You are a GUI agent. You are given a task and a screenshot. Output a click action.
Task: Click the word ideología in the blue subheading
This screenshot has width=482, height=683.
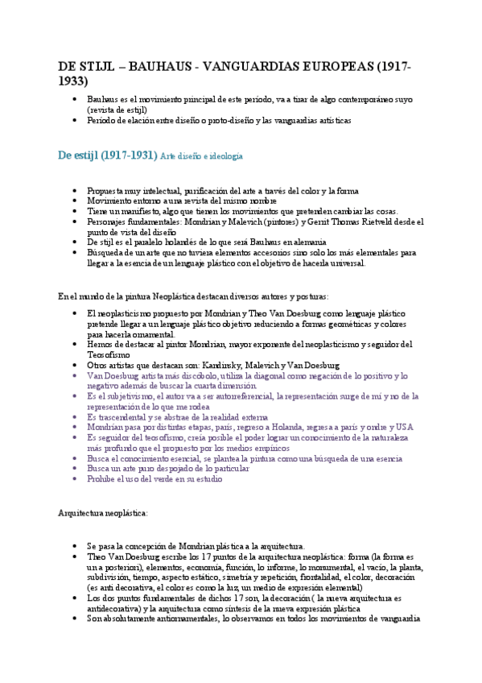pos(226,155)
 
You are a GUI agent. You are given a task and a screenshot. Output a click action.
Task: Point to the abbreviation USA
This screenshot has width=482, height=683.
pos(405,428)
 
